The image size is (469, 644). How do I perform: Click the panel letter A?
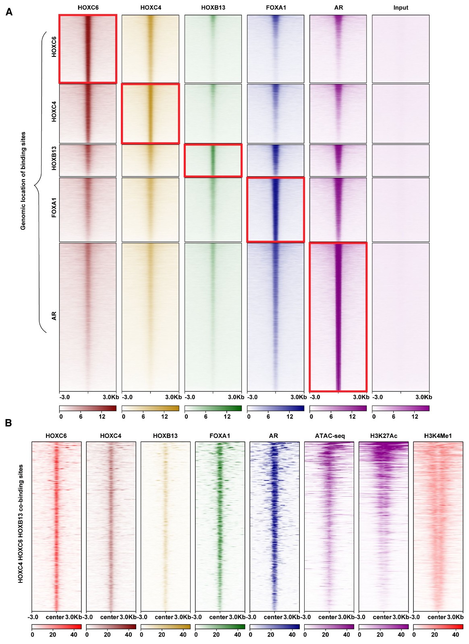9,12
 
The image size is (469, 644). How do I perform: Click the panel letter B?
8,423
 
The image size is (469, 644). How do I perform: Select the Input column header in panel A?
401,8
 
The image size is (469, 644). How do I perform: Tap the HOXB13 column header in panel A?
213,8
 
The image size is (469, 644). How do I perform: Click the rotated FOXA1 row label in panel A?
54,208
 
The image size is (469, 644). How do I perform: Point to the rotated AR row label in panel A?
54,316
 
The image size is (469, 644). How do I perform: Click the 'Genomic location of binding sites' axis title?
23,181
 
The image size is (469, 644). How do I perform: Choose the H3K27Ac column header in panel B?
384,436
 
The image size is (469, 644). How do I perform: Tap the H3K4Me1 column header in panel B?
438,436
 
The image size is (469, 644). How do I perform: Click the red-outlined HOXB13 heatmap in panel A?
213,161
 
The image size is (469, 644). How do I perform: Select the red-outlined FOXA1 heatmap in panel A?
276,210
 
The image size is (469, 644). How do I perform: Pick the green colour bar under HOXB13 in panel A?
213,408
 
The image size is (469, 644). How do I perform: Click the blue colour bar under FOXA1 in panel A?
276,408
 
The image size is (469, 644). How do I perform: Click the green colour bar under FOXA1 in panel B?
220,627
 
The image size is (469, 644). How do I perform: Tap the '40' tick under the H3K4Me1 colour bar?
455,635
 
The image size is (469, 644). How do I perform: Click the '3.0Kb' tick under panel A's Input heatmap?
423,397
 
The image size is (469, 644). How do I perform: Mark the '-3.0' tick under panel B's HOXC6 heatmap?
33,617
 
